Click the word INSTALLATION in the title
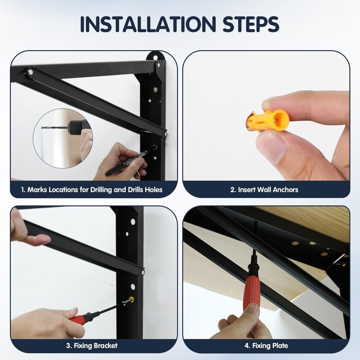tap(148, 24)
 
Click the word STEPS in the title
tap(251, 24)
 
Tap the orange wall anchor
tap(267, 121)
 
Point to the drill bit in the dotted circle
tap(54, 127)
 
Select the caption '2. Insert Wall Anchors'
tap(264, 189)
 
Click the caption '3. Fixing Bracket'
tap(92, 346)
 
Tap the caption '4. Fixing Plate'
tap(266, 346)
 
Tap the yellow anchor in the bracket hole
tap(132, 300)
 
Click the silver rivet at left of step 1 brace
tap(31, 72)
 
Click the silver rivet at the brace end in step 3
tap(143, 273)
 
